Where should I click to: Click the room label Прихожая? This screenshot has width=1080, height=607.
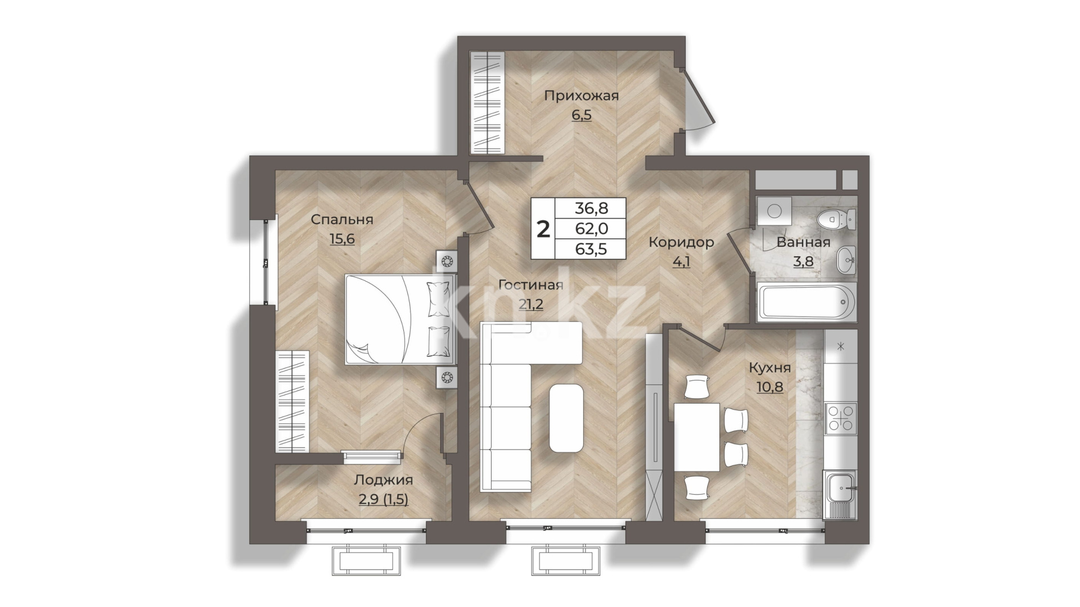(581, 96)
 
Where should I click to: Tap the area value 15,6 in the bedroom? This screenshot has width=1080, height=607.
(342, 239)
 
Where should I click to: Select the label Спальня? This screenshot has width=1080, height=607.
(342, 219)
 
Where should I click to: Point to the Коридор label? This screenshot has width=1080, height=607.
(681, 242)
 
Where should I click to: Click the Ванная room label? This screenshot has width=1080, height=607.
(803, 242)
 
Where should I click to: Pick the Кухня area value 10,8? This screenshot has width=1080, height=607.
(769, 387)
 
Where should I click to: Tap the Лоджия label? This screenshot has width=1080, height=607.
(383, 480)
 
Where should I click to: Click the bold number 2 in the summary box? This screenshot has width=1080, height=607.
(543, 229)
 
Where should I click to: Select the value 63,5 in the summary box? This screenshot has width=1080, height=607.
(591, 249)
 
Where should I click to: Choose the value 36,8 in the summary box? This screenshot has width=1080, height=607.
(591, 208)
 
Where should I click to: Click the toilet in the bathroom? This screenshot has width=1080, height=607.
(837, 219)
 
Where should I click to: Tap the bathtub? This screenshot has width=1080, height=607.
(807, 302)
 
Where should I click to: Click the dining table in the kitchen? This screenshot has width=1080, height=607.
(697, 437)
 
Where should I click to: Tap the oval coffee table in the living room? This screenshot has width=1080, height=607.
(566, 418)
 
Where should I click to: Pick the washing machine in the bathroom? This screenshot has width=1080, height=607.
(774, 211)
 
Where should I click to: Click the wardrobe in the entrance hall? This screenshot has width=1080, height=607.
(488, 102)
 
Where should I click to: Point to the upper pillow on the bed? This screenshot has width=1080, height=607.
(440, 298)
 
